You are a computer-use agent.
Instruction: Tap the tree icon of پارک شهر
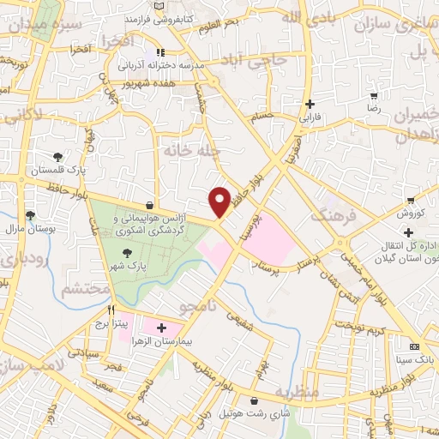(x=128, y=253)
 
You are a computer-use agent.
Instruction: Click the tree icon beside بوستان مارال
(x=30, y=215)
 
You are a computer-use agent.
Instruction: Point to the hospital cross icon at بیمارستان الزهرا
(x=161, y=328)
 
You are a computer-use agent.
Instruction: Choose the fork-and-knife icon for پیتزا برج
(x=111, y=310)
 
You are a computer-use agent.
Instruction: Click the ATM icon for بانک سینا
(x=415, y=346)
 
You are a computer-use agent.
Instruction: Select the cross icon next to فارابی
(x=309, y=104)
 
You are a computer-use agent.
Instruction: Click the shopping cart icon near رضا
(x=373, y=96)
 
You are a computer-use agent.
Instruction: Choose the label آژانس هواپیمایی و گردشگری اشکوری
(x=151, y=226)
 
